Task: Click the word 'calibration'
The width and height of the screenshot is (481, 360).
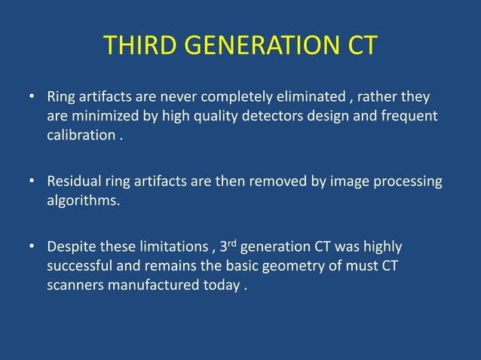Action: click(81, 137)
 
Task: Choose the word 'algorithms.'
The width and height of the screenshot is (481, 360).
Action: click(83, 202)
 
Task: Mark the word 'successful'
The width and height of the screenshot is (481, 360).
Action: click(81, 267)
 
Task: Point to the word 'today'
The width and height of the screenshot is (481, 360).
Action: click(218, 287)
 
